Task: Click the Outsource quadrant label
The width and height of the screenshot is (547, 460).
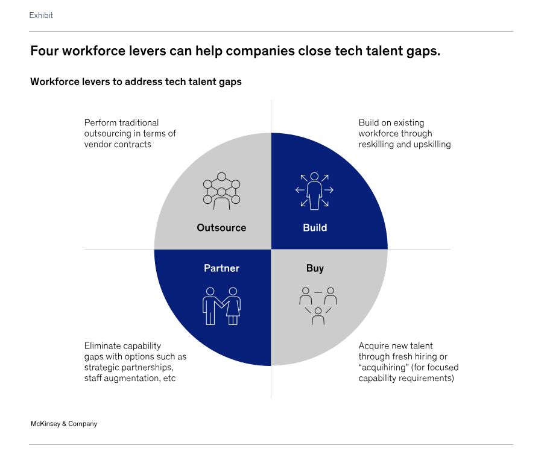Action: (221, 228)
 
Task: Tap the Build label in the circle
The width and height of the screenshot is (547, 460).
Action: (315, 228)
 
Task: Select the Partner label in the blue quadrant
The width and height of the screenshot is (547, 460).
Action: (221, 268)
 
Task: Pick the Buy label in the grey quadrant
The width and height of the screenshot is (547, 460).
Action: (315, 268)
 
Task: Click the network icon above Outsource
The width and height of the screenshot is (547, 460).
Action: (221, 191)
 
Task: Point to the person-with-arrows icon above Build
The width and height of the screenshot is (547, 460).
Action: (314, 191)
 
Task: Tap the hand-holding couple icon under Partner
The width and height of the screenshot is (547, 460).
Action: (221, 306)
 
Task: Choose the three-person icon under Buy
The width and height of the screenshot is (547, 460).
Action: (318, 306)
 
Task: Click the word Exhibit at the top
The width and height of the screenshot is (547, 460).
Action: (41, 15)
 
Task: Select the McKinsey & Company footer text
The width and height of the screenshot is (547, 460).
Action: (64, 424)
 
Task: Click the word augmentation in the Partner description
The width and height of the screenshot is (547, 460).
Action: (131, 379)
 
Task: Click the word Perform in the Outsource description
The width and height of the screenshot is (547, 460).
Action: (97, 123)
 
